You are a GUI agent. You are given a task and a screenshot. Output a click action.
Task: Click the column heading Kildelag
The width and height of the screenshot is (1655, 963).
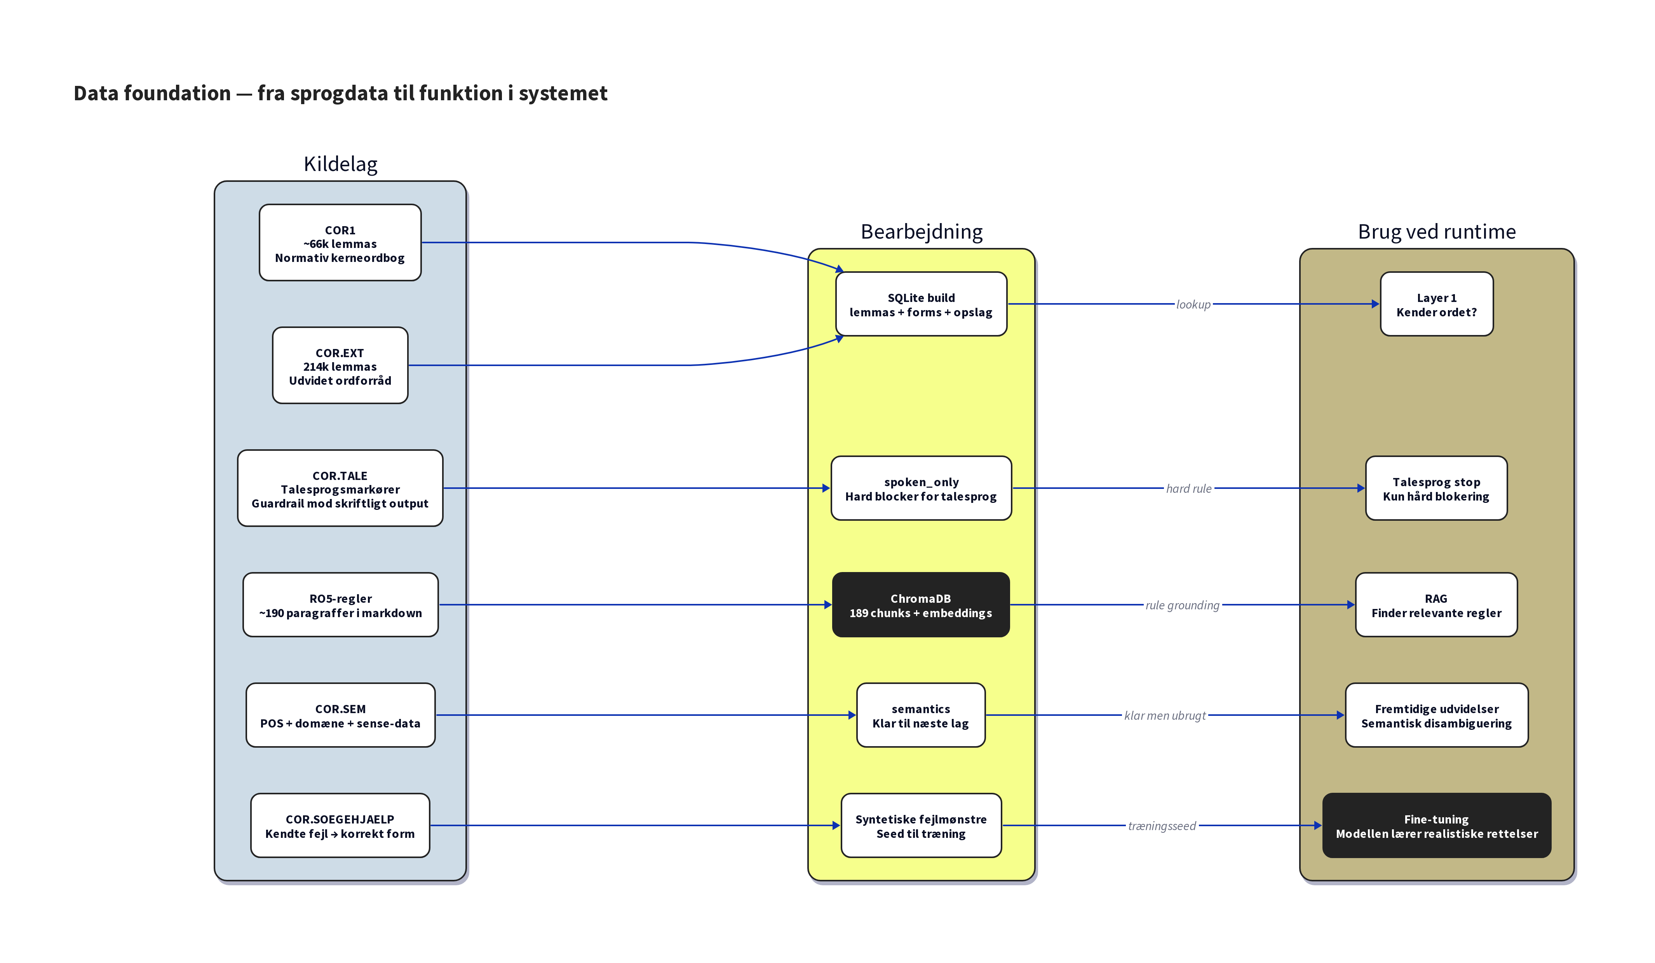(x=340, y=164)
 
